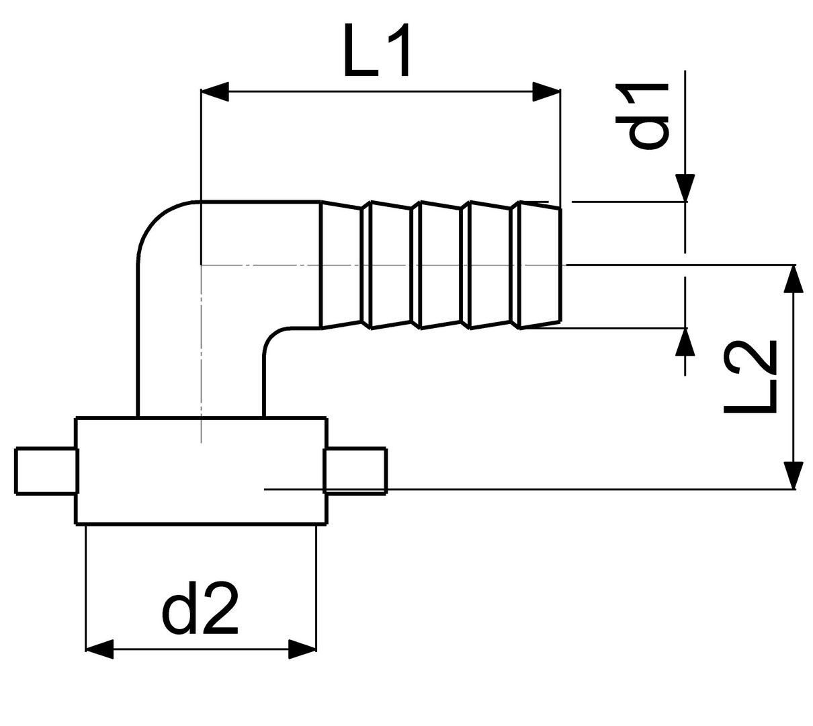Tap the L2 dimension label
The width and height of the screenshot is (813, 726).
pos(750,376)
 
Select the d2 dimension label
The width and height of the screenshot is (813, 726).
pos(200,608)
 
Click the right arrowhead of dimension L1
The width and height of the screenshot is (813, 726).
pos(546,92)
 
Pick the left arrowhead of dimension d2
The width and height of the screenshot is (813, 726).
pos(99,649)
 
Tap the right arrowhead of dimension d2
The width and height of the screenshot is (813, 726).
pos(302,649)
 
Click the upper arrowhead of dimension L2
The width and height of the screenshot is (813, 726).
pos(794,279)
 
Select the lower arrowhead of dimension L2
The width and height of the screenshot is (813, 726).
pos(794,475)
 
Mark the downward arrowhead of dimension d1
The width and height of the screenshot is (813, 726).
pos(685,188)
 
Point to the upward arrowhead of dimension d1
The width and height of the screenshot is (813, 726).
pos(685,341)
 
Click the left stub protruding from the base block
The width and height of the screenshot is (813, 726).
pos(46,471)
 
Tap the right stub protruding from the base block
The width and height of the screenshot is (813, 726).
pos(356,471)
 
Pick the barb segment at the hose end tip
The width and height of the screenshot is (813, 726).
pos(540,265)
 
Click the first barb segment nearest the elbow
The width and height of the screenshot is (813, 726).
pos(341,265)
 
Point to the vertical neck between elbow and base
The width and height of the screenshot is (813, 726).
pos(202,376)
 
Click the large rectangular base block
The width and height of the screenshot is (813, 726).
pos(202,471)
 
